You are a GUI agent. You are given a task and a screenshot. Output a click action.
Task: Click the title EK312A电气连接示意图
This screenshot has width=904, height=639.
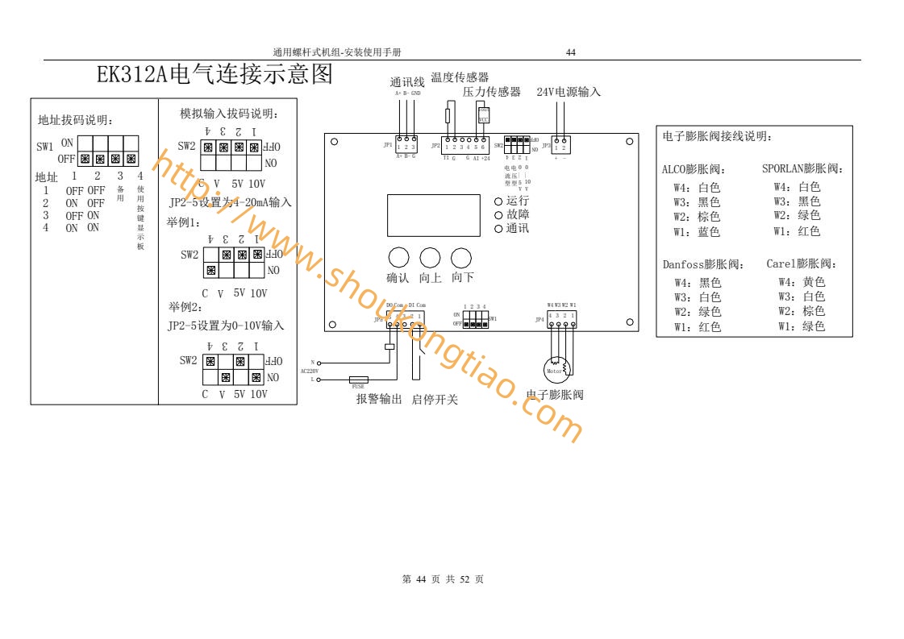pyautogui.click(x=215, y=75)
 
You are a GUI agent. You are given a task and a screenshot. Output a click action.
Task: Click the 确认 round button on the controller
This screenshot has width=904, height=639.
pyautogui.click(x=399, y=258)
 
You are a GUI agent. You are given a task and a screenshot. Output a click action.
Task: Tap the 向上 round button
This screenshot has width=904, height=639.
pyautogui.click(x=431, y=258)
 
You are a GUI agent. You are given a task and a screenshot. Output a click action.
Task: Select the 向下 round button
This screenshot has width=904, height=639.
pyautogui.click(x=461, y=258)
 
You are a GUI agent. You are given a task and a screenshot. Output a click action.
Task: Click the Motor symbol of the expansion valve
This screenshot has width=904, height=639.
pyautogui.click(x=555, y=370)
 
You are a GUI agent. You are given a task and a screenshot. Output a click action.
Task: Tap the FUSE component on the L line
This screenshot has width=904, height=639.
pyautogui.click(x=359, y=379)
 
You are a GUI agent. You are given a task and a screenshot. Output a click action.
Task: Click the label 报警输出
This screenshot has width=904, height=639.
pyautogui.click(x=379, y=399)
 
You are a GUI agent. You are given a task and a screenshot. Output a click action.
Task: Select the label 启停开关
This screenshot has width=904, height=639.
pyautogui.click(x=435, y=399)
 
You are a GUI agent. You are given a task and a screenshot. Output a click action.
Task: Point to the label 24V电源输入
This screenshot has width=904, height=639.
pyautogui.click(x=569, y=92)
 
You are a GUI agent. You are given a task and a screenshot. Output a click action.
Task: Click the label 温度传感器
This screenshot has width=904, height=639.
pyautogui.click(x=460, y=77)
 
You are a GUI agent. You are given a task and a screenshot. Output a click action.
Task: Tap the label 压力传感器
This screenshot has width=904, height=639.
pyautogui.click(x=492, y=92)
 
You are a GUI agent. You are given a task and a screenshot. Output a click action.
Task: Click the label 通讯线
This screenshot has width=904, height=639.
pyautogui.click(x=407, y=82)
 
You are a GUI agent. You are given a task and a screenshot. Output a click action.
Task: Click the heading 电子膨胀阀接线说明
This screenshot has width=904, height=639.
pyautogui.click(x=718, y=136)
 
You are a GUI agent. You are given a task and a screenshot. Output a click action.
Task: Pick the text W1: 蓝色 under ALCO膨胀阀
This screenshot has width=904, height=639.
pyautogui.click(x=697, y=232)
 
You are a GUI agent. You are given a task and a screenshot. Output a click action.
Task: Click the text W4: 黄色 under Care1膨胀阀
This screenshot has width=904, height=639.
pyautogui.click(x=802, y=282)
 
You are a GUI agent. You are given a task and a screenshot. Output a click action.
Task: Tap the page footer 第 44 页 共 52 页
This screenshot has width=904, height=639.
pyautogui.click(x=443, y=579)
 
